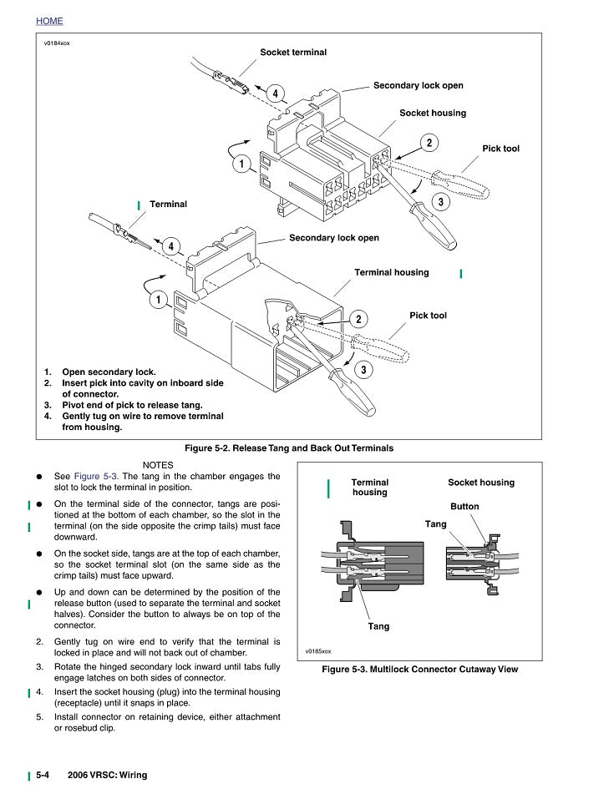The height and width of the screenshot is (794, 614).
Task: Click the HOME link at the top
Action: coord(49,21)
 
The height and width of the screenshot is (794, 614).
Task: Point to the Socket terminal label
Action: coord(293,53)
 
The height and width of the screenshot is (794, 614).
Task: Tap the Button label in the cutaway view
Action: coord(464,507)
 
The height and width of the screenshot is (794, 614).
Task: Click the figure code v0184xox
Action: coord(58,43)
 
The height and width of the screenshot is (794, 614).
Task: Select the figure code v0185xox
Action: coord(317,650)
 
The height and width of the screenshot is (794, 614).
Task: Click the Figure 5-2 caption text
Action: coord(288,448)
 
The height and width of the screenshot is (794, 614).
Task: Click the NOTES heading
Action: coord(158,465)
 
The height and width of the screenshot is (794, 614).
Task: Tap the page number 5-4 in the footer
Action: coord(44,776)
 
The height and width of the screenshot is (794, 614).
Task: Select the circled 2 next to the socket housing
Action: coord(429,144)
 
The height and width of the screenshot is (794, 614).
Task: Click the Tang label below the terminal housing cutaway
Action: coord(378,626)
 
